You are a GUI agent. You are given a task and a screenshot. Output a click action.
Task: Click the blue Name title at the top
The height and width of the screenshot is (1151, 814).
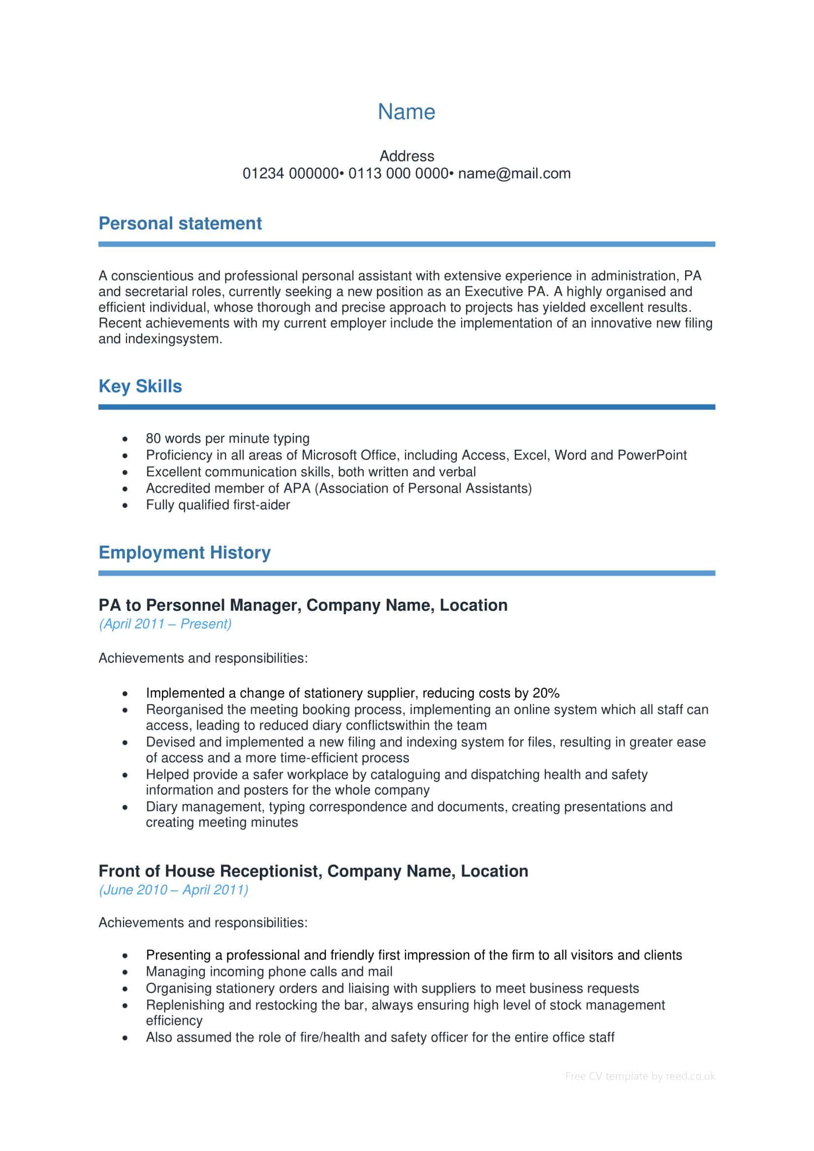406,112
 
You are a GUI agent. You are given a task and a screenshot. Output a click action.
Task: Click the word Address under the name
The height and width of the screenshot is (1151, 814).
407,156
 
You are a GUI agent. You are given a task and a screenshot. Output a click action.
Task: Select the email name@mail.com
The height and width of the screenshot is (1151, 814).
514,173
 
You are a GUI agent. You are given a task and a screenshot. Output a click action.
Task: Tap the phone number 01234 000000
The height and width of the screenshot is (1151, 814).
291,173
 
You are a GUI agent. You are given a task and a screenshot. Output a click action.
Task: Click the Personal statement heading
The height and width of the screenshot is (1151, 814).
180,223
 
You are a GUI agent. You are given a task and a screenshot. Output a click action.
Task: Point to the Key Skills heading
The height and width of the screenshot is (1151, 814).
140,386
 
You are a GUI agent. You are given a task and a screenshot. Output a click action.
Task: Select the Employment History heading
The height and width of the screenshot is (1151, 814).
185,553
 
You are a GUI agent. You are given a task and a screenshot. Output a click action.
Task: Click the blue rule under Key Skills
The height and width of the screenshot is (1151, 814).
407,407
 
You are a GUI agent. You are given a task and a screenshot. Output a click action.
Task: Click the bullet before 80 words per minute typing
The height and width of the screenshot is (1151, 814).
125,439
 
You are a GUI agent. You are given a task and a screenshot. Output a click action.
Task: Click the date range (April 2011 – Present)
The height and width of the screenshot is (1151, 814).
165,624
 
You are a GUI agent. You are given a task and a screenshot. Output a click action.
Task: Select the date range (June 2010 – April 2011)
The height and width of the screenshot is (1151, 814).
173,890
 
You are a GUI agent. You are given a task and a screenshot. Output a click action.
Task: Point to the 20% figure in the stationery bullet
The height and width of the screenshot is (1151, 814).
546,693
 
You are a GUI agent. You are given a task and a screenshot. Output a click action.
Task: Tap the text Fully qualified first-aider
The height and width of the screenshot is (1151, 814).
218,505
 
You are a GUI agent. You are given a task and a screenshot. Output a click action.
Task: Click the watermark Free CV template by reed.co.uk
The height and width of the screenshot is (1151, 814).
640,1076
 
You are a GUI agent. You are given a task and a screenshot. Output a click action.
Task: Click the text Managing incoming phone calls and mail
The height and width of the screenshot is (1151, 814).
269,972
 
